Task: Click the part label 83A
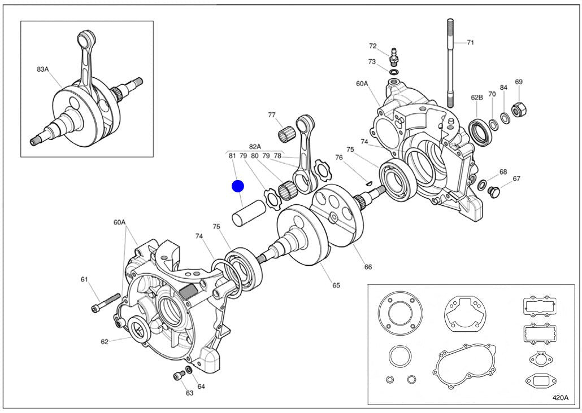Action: [43, 69]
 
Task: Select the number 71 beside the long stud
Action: [471, 42]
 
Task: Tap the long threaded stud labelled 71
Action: [450, 62]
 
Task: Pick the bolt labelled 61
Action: [106, 302]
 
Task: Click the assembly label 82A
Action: [255, 147]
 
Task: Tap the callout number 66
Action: [368, 267]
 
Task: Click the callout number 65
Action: [336, 285]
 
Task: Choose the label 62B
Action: [477, 97]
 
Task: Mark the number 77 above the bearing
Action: [272, 115]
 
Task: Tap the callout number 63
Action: [190, 393]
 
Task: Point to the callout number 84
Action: [503, 88]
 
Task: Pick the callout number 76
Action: [339, 157]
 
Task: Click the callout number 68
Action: [503, 172]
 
